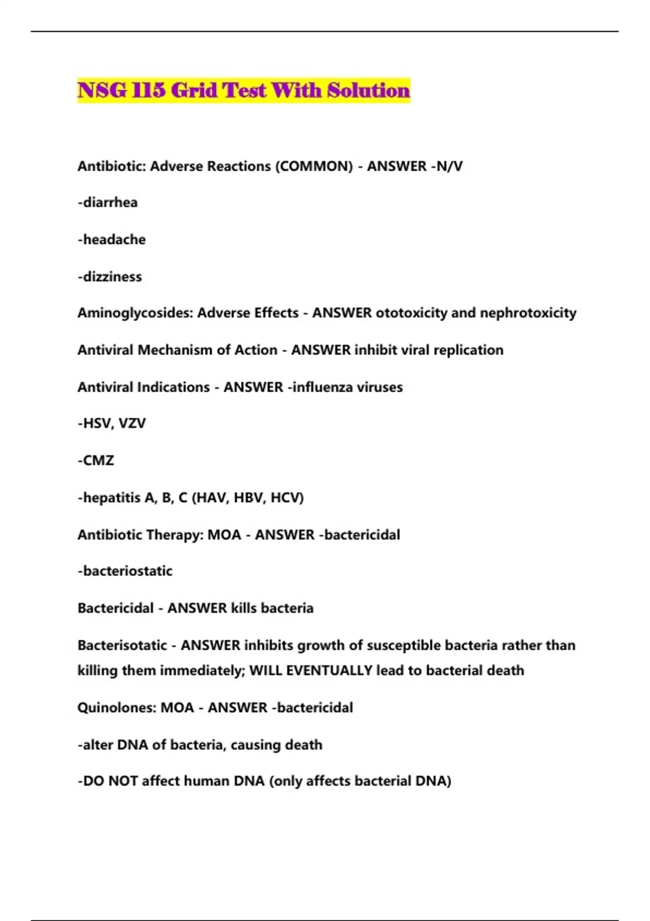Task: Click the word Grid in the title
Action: click(x=193, y=90)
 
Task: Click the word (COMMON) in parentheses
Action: click(x=314, y=166)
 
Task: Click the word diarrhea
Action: click(x=110, y=203)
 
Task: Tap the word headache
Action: click(x=114, y=239)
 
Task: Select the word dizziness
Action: click(x=112, y=277)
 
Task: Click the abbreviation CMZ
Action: click(x=98, y=460)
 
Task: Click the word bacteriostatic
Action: click(x=127, y=571)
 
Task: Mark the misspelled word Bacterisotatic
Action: click(x=122, y=645)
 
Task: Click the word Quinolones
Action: click(x=117, y=708)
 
